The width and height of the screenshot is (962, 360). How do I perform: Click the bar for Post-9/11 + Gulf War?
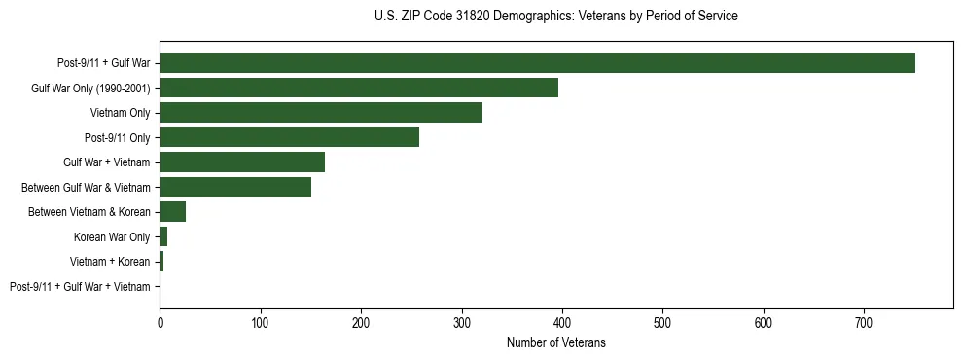pos(537,63)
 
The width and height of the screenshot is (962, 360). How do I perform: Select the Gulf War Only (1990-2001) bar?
pos(359,88)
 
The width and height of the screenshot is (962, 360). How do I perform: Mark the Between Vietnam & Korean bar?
pos(173,212)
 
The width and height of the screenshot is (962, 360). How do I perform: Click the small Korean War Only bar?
pos(163,236)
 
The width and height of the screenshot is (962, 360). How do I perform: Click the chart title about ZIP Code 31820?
pos(555,17)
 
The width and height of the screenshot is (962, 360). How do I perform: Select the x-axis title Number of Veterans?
pos(555,342)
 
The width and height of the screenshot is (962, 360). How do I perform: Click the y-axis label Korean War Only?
pos(112,237)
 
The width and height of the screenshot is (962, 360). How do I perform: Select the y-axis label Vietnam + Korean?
pos(110,262)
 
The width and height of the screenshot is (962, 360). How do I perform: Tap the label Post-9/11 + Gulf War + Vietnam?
pos(80,287)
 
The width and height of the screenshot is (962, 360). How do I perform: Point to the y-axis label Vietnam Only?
pos(121,113)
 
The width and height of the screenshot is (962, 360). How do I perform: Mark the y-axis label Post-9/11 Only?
pos(119,138)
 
